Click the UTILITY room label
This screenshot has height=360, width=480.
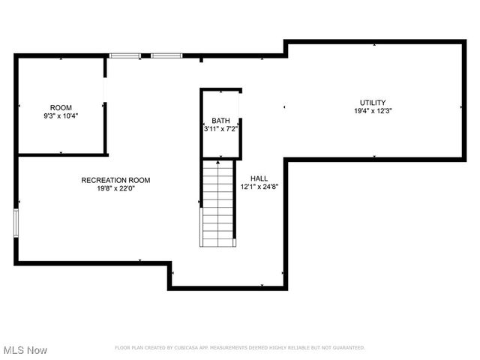coord(373,102)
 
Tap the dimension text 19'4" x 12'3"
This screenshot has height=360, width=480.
coord(373,111)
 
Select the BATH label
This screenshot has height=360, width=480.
coord(221,121)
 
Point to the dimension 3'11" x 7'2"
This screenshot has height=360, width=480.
coord(221,129)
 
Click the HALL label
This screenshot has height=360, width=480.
coord(259,178)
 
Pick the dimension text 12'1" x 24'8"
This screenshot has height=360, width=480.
coord(259,187)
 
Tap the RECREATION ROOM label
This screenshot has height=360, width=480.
coord(116,180)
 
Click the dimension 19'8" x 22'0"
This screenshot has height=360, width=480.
coord(116,189)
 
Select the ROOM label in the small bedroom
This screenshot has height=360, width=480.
coord(61,108)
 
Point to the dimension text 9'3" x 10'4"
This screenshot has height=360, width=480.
coord(61,116)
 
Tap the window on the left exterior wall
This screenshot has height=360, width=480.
coord(16,223)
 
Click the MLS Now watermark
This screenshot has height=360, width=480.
coord(25,350)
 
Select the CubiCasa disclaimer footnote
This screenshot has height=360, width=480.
coord(239,348)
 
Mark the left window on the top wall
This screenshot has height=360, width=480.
coord(125,55)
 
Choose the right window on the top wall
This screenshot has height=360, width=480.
coord(166,55)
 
